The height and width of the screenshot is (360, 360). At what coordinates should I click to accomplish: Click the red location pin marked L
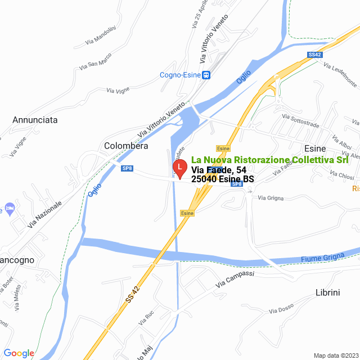coord(179,168)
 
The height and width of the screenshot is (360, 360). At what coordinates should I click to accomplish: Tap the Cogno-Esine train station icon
coord(206,75)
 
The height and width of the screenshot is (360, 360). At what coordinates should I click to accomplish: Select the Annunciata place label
coord(35,120)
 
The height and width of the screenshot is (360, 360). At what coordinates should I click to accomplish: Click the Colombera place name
coord(126,146)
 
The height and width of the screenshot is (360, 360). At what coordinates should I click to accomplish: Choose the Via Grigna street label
coord(271,198)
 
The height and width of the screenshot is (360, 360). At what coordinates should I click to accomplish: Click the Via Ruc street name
coord(146,317)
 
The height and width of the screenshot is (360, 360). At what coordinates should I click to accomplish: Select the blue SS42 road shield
coord(314,55)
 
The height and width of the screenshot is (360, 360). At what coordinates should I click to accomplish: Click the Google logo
coord(18,353)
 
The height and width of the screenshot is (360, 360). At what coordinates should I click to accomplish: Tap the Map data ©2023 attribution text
coord(335,355)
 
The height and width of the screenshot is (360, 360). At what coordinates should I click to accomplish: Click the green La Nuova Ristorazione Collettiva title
coord(269,160)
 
